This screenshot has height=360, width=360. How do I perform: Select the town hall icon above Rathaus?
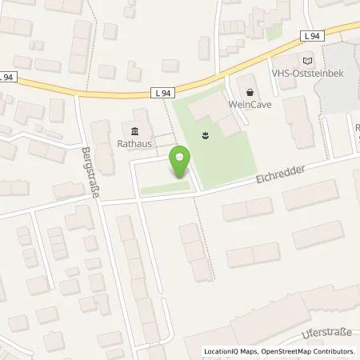point(134,132)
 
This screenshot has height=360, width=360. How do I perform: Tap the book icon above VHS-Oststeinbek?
point(309,60)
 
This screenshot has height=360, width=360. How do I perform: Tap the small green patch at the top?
point(274,33)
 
